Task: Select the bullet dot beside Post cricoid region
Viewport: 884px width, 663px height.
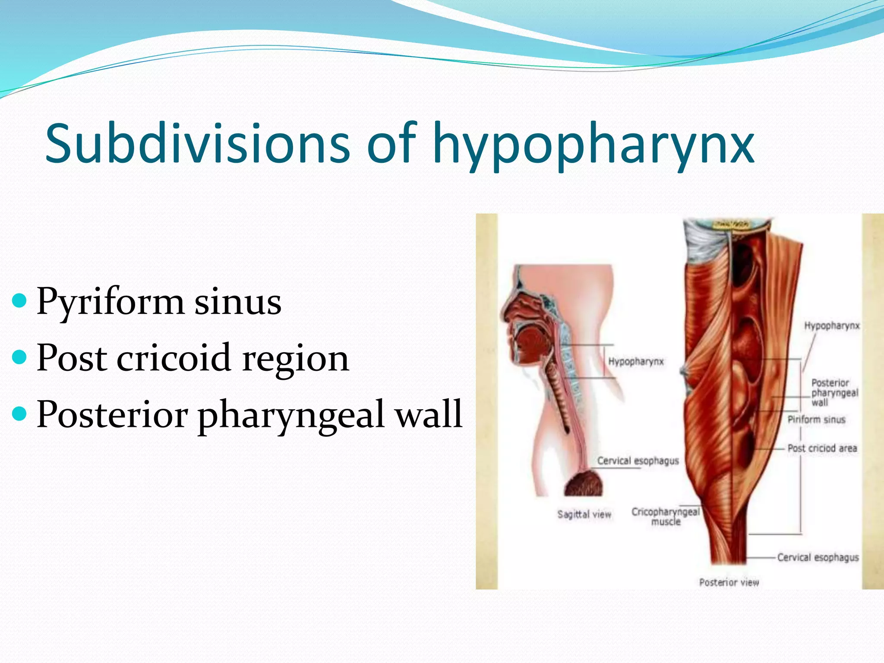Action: pyautogui.click(x=20, y=357)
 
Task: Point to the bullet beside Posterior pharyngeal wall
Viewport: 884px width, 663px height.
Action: pyautogui.click(x=20, y=414)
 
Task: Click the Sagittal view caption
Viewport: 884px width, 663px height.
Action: pyautogui.click(x=584, y=514)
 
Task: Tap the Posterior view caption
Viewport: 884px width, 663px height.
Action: pyautogui.click(x=729, y=582)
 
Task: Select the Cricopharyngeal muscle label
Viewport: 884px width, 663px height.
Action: pyautogui.click(x=665, y=517)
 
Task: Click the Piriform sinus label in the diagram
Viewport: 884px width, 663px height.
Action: pyautogui.click(x=816, y=420)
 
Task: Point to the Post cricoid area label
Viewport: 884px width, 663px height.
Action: pyautogui.click(x=822, y=448)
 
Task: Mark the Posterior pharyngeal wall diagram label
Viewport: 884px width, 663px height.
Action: pyautogui.click(x=834, y=393)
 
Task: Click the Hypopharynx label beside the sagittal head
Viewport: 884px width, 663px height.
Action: pyautogui.click(x=635, y=361)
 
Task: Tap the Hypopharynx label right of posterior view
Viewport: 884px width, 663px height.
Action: pyautogui.click(x=832, y=326)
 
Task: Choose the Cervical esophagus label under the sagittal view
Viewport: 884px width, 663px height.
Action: pyautogui.click(x=638, y=461)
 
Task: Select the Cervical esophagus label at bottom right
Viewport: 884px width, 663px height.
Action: pyautogui.click(x=818, y=557)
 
